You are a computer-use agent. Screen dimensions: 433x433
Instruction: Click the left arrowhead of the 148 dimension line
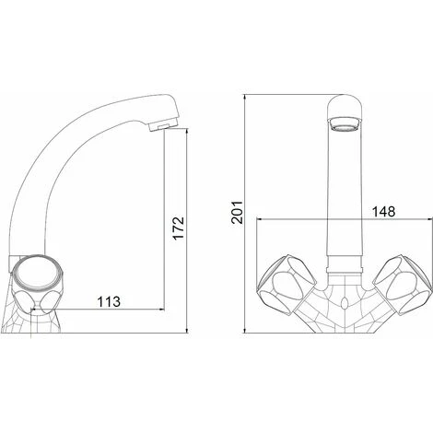click(259, 220)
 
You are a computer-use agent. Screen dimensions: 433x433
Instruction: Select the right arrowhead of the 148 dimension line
click(426, 220)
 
